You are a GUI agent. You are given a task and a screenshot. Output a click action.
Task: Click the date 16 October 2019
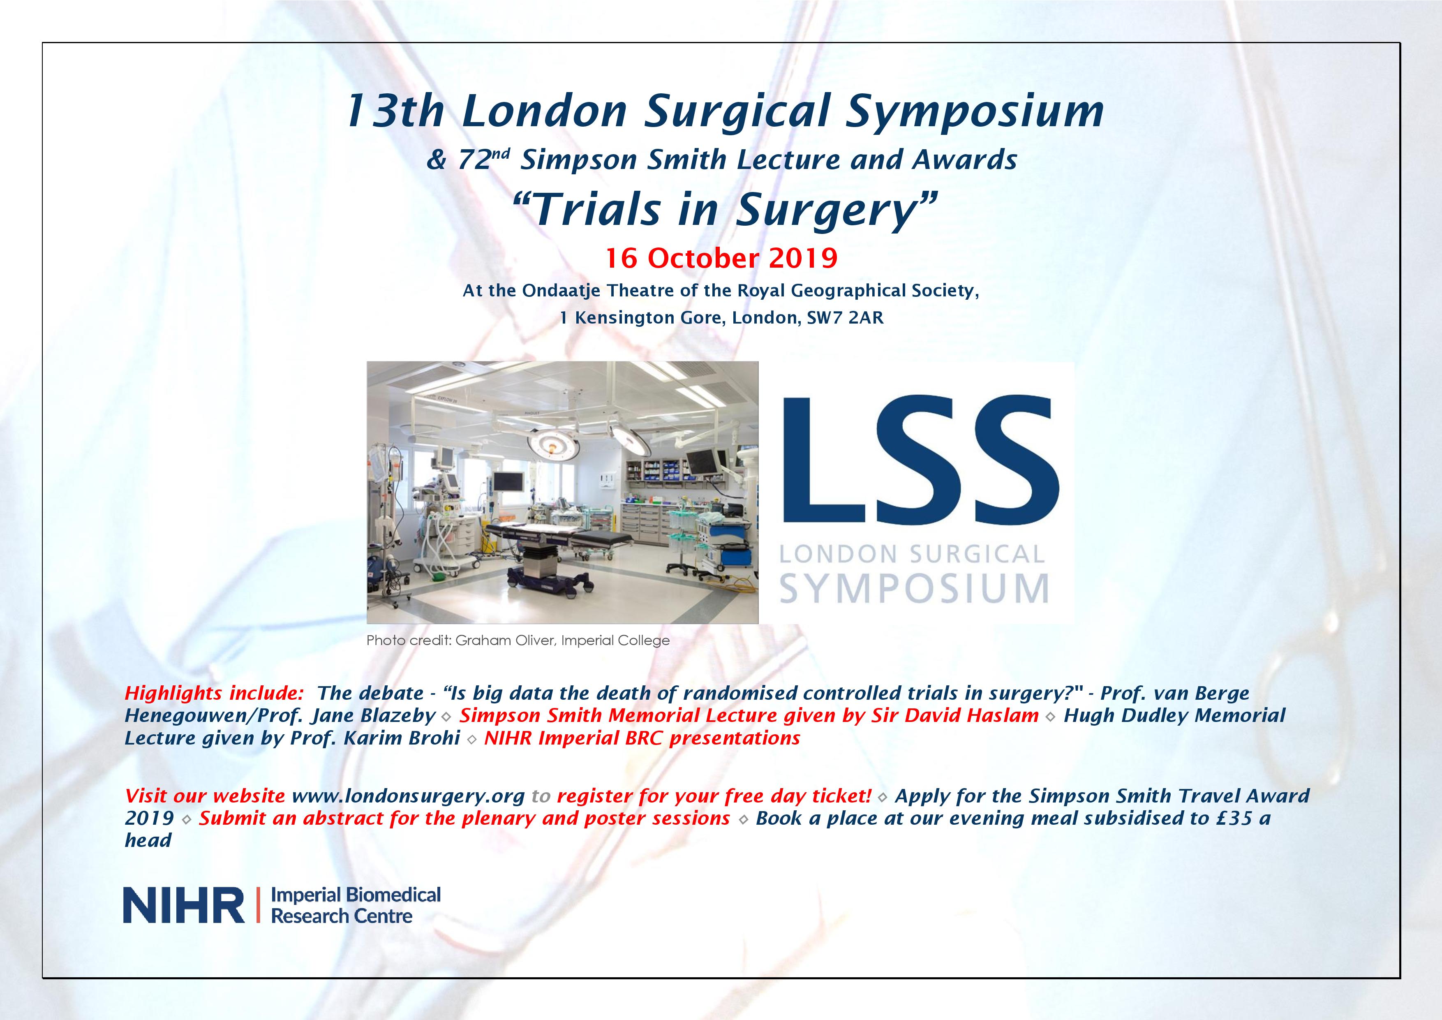[x=721, y=258]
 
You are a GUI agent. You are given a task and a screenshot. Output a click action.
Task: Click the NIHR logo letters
[x=183, y=905]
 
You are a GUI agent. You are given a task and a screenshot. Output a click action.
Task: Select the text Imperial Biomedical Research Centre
[x=356, y=905]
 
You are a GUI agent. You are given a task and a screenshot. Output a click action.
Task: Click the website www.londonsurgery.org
[x=408, y=796]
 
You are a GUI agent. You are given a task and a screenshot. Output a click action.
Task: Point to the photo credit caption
[x=518, y=641]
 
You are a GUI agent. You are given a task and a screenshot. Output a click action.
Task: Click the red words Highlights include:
[x=214, y=694]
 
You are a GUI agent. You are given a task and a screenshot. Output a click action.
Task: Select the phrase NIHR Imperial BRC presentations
[x=642, y=738]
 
